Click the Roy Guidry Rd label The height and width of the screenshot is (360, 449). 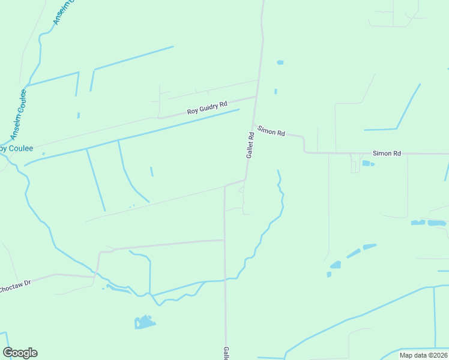[x=207, y=108]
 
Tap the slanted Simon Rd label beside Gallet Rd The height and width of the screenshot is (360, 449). [x=271, y=131]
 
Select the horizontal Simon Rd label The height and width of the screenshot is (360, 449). [x=387, y=154]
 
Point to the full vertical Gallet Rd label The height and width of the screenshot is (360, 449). [x=251, y=145]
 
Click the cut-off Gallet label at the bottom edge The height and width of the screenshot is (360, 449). [x=226, y=354]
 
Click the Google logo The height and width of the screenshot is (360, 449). [x=20, y=353]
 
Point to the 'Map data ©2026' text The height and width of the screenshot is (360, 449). [x=423, y=356]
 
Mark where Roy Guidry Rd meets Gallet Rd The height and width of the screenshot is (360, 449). [x=256, y=96]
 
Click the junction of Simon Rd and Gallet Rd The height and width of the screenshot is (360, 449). [x=253, y=124]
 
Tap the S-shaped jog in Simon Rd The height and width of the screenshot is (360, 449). [x=304, y=145]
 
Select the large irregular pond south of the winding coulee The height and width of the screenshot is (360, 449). [x=144, y=322]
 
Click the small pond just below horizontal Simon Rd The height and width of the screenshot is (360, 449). [x=367, y=163]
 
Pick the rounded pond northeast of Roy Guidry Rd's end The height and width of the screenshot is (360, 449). [x=280, y=62]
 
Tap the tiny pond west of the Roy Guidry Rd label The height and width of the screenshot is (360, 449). [x=79, y=115]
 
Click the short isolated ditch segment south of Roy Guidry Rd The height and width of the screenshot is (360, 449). [x=152, y=172]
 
